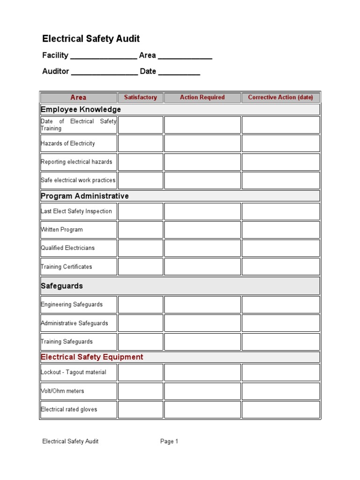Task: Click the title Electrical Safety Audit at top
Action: click(91, 38)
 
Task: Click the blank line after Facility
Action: click(104, 57)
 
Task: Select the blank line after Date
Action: click(179, 73)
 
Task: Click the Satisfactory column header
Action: click(140, 97)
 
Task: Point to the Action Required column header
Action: click(202, 97)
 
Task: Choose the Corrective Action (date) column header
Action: click(280, 97)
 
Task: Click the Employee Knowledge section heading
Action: click(81, 109)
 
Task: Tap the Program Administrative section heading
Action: click(84, 196)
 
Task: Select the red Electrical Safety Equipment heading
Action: click(92, 357)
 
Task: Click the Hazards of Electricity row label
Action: click(68, 143)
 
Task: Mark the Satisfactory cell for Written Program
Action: click(140, 230)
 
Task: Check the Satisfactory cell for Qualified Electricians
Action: click(140, 248)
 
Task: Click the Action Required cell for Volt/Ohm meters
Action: click(202, 391)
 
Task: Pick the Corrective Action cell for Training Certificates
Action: click(280, 267)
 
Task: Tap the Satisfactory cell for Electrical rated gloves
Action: click(140, 409)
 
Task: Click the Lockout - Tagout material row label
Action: click(74, 372)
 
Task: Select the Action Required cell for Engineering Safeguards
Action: click(202, 305)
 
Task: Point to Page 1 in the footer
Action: click(169, 441)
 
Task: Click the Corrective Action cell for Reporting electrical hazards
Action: click(280, 162)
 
